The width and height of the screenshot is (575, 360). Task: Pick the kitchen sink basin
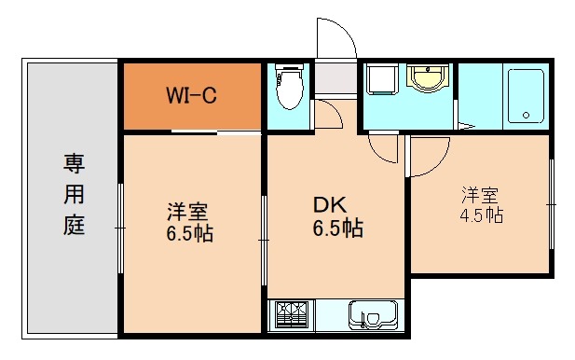(x=374, y=315)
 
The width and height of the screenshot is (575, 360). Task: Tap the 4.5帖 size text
(x=481, y=215)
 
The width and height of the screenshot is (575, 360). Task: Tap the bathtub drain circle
(x=527, y=117)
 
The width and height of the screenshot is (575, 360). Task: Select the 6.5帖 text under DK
(x=338, y=228)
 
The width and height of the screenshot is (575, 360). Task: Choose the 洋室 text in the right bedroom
(x=481, y=195)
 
